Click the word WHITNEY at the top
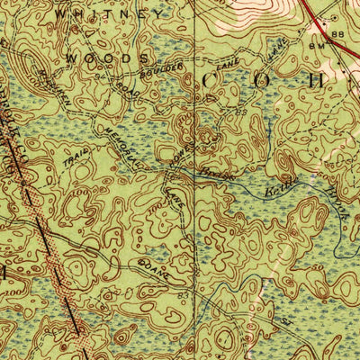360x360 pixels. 110,15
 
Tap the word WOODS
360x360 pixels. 106,58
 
